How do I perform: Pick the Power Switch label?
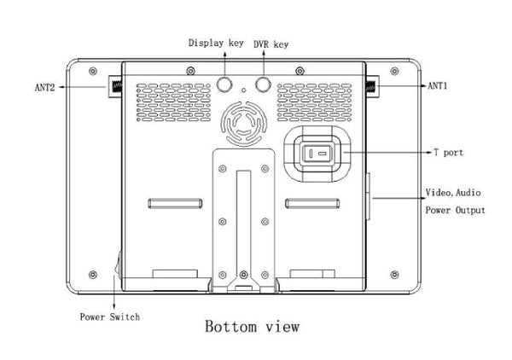tap(110, 316)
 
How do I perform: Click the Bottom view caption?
tap(252, 326)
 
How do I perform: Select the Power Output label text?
tap(455, 210)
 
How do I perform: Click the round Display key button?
tap(226, 84)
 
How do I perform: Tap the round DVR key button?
tap(261, 84)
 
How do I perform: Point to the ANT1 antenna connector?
tap(372, 85)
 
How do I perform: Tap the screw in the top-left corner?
tap(92, 70)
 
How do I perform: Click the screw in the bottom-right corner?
tap(394, 275)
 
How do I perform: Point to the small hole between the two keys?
tap(244, 90)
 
